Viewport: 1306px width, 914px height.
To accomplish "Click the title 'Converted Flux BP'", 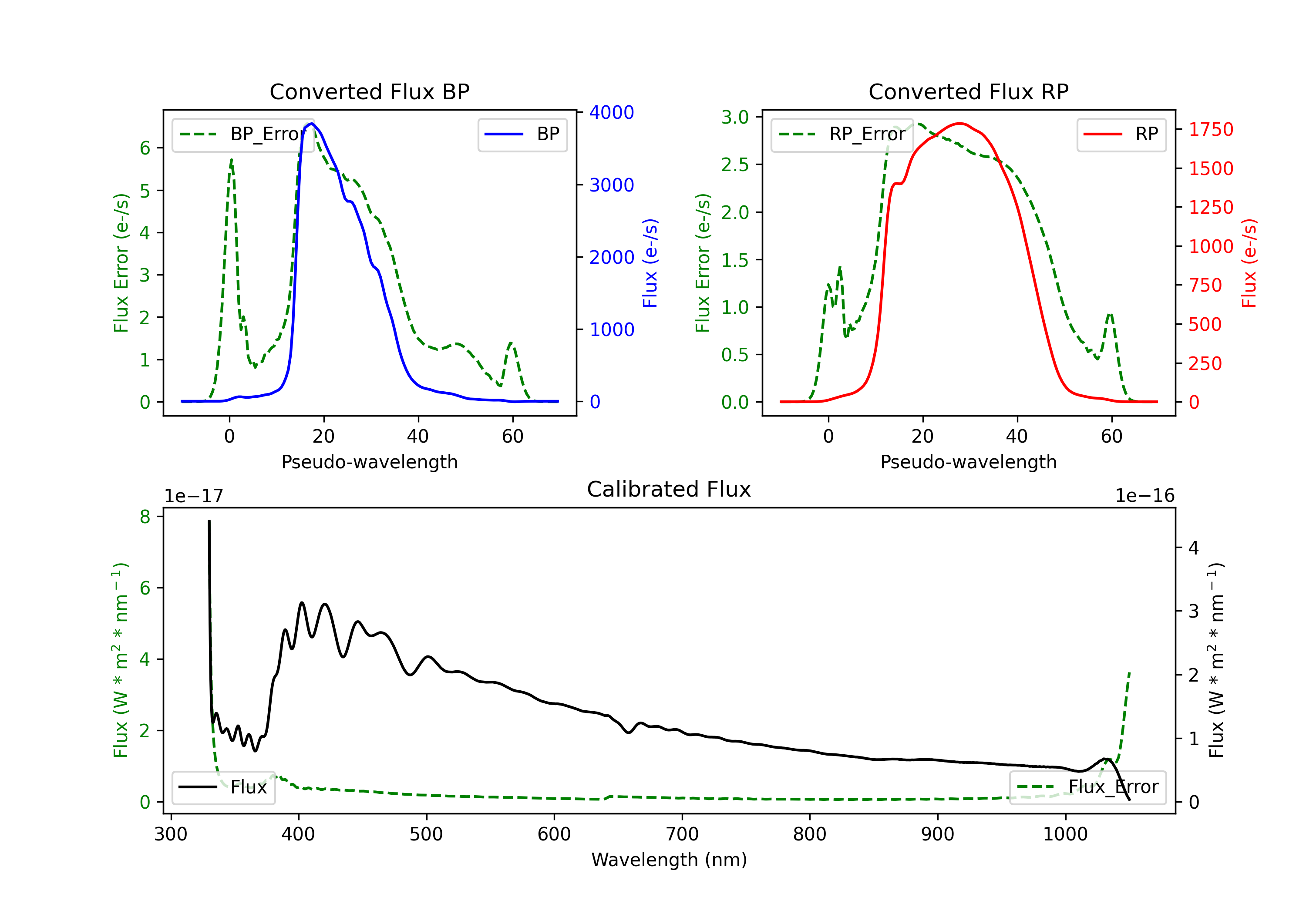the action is (369, 91).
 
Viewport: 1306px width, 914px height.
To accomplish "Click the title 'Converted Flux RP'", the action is (968, 91).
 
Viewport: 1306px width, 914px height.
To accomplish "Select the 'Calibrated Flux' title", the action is (669, 489).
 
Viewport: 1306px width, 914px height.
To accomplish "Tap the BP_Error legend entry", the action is (243, 134).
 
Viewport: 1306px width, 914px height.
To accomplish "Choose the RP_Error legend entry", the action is (842, 134).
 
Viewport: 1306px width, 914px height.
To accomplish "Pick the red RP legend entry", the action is (1121, 134).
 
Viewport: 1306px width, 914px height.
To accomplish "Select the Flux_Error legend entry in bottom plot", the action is (1087, 787).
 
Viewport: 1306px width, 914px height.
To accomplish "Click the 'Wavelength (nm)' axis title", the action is (669, 860).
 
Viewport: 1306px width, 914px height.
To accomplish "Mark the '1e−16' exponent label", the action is (1144, 496).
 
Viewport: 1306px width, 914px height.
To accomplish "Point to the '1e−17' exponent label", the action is (193, 496).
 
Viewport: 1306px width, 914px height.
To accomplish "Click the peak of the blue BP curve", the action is (311, 124).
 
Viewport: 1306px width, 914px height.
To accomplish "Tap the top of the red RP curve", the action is (959, 124).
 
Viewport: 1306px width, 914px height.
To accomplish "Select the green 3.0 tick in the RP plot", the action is (735, 117).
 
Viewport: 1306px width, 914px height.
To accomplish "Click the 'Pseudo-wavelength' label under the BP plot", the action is (370, 462).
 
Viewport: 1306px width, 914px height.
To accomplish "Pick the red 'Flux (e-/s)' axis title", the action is (1249, 263).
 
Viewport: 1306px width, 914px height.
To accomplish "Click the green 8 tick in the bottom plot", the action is (145, 517).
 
